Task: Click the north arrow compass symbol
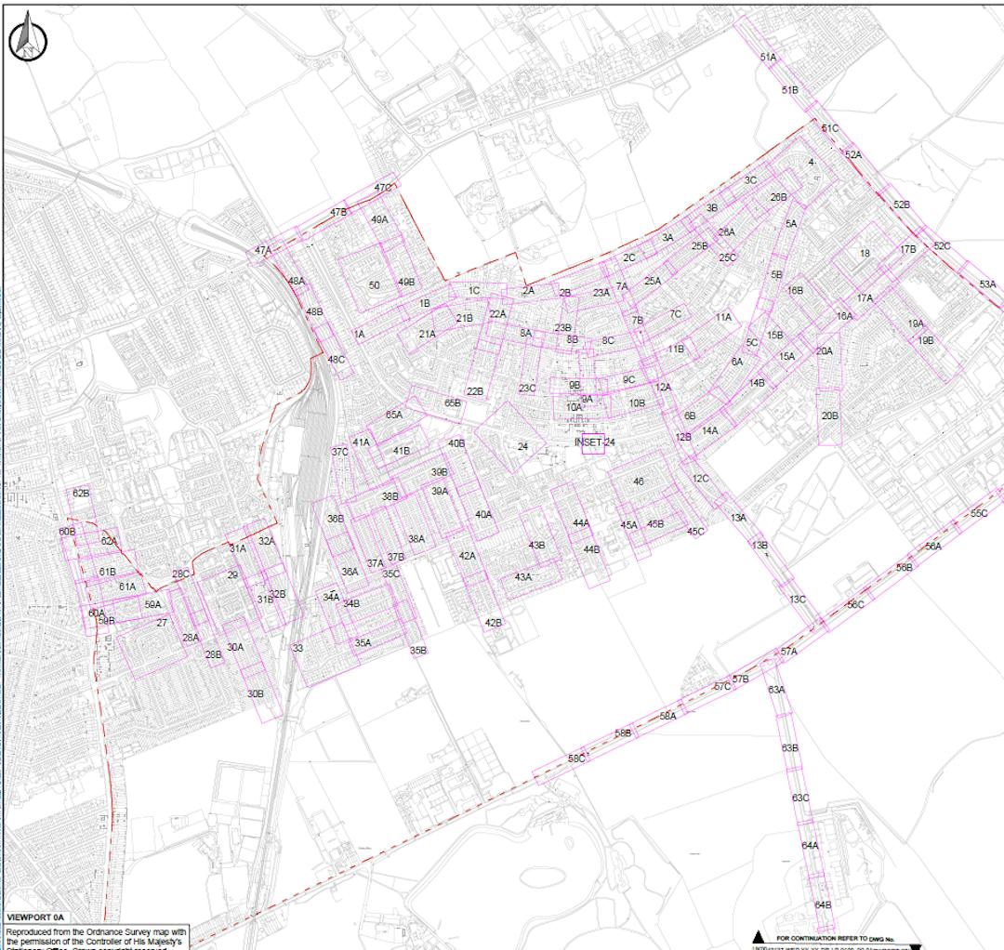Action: pos(27,38)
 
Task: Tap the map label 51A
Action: pos(768,58)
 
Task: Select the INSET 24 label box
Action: pos(595,442)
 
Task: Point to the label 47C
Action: pos(383,188)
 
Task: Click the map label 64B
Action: pos(823,904)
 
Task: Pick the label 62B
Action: pos(81,494)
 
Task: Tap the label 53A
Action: pos(987,284)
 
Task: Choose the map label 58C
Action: pos(576,759)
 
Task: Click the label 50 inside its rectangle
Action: pos(374,285)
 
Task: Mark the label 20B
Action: pos(829,416)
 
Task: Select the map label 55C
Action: pos(979,513)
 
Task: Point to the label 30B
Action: pos(256,693)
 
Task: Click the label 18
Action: pos(865,253)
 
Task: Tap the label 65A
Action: pos(393,415)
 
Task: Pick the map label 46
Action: pos(638,482)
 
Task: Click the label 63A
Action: pos(776,690)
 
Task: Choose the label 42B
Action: pos(493,623)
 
